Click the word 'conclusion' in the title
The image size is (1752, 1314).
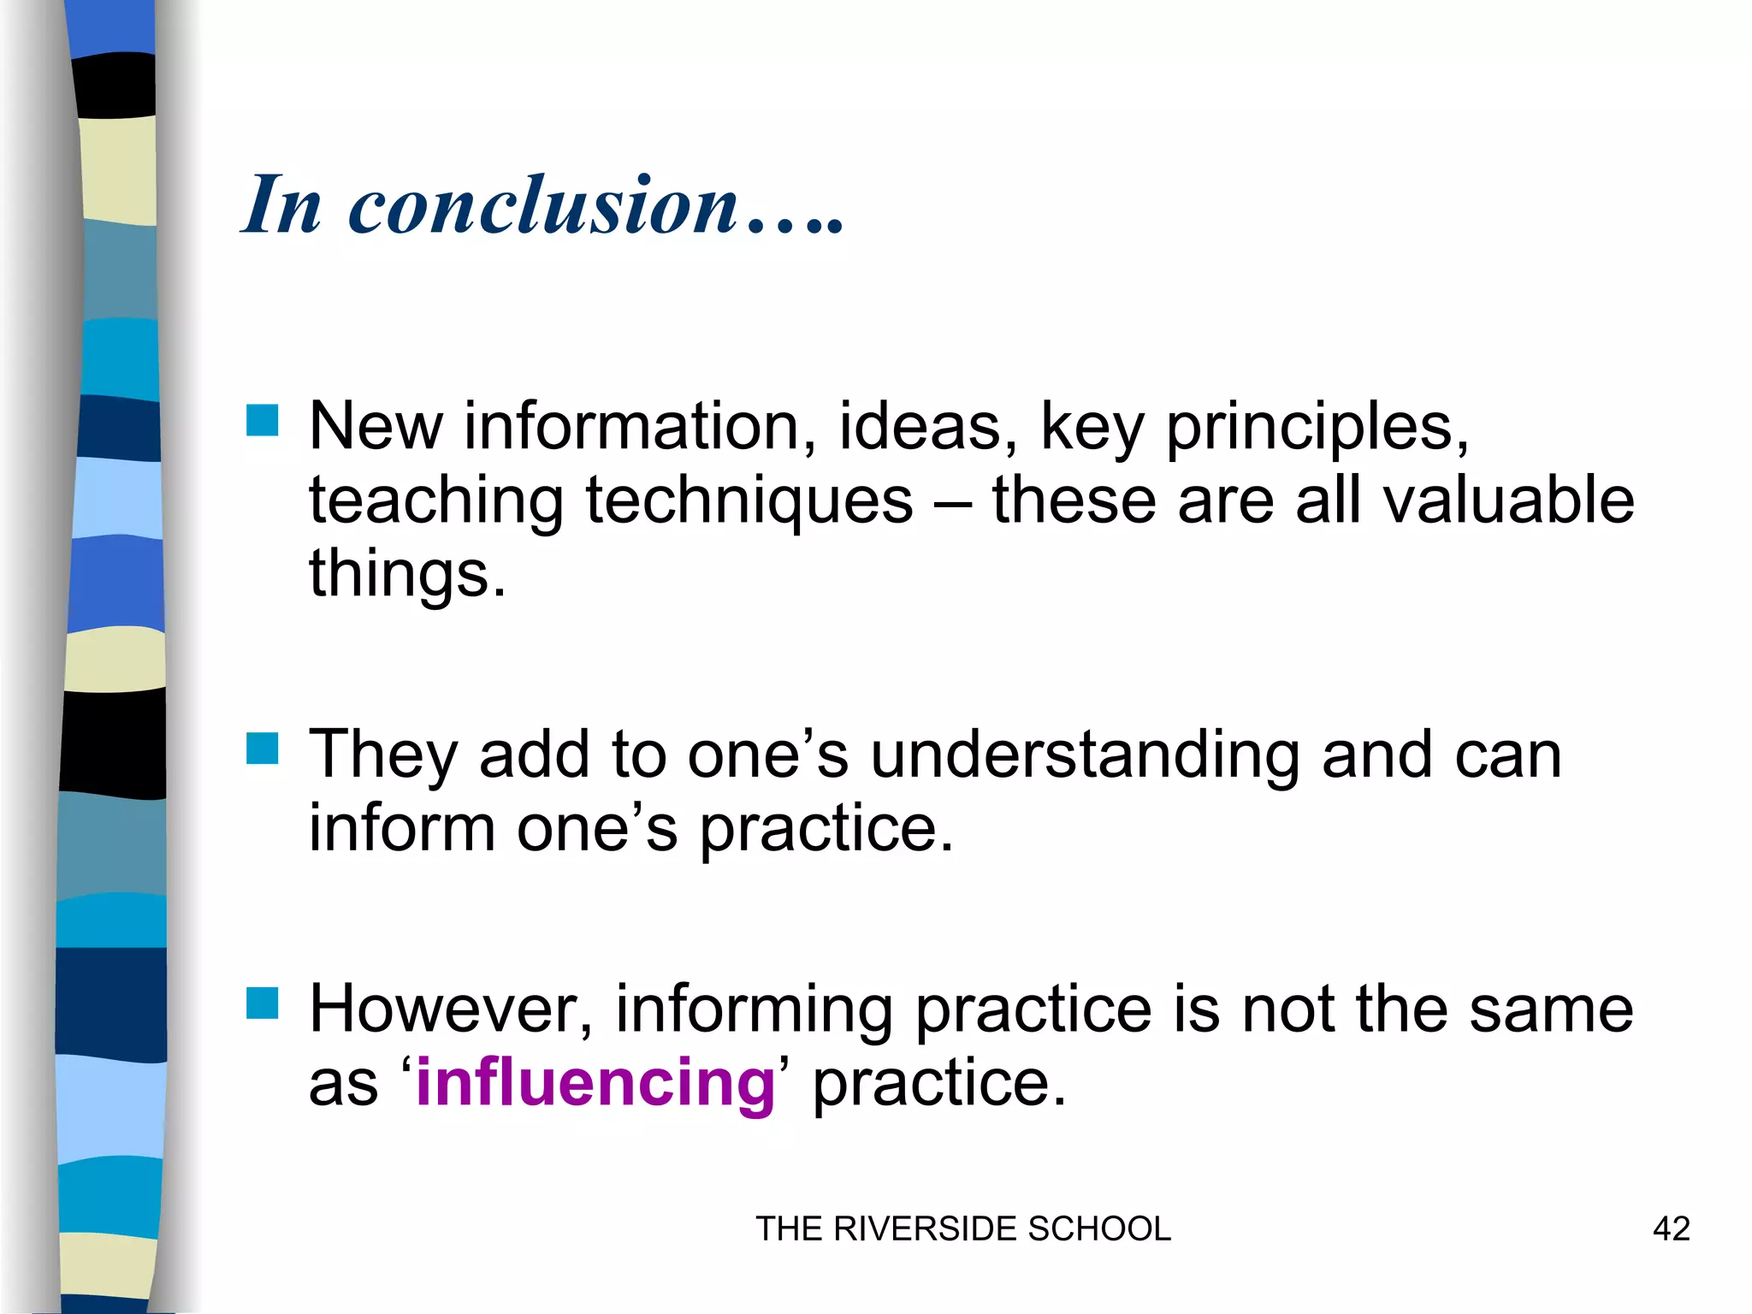click(544, 205)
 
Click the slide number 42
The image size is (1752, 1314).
click(1671, 1229)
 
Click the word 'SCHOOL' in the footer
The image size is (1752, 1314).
click(1098, 1229)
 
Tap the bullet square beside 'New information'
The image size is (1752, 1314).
click(262, 420)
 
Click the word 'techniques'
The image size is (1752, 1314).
click(749, 502)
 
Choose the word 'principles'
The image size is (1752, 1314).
click(1308, 428)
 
